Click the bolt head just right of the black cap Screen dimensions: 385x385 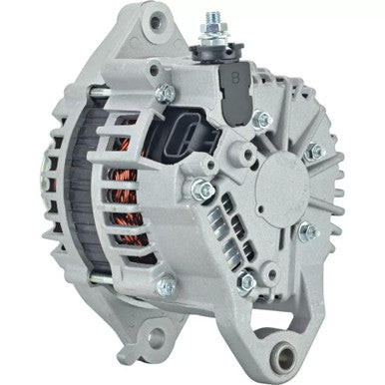(264, 121)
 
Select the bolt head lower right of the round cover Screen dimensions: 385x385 (308, 234)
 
